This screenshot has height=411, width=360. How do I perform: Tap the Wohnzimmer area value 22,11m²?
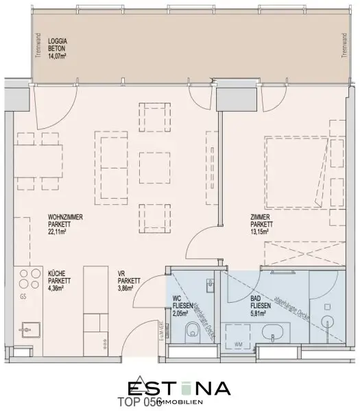57,232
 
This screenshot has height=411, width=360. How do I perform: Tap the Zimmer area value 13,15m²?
262,232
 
